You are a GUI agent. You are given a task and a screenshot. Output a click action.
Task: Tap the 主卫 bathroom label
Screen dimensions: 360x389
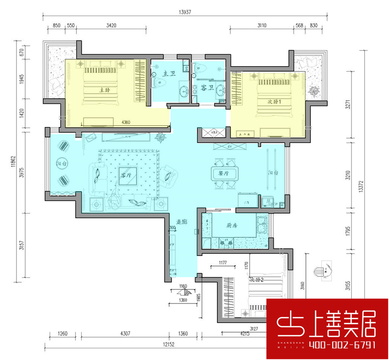tap(169, 74)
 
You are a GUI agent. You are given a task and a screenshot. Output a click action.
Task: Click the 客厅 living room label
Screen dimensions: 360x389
tap(125, 176)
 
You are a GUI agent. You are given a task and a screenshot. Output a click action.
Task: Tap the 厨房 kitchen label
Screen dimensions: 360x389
tap(231, 226)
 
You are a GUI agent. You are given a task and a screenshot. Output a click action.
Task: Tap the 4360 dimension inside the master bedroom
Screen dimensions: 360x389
tap(126, 122)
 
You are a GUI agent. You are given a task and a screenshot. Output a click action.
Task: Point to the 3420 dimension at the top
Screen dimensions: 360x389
tap(111, 26)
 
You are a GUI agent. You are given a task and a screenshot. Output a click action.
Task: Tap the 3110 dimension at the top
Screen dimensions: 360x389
tap(261, 26)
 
